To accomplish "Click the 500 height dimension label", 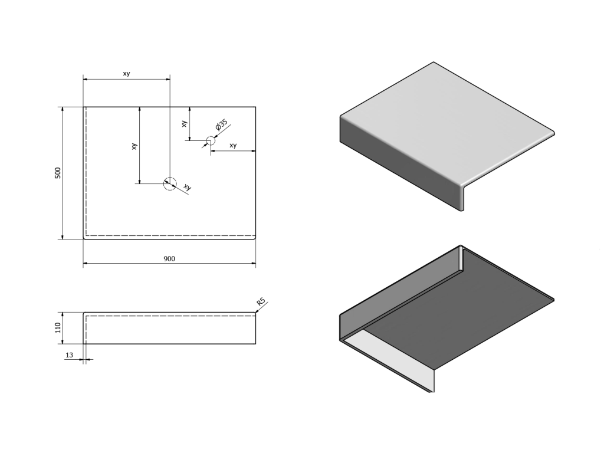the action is (x=58, y=173).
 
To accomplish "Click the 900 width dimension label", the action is (x=169, y=259).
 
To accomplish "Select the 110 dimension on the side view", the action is (x=58, y=328).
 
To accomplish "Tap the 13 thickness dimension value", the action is (x=70, y=355).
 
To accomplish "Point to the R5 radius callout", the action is (x=261, y=301).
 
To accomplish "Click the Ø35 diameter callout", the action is (x=222, y=125).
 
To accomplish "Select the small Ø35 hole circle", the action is (x=211, y=140).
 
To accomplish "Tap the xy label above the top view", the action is (x=126, y=74).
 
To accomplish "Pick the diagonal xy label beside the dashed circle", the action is (x=188, y=187).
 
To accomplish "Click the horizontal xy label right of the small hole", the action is (x=233, y=146).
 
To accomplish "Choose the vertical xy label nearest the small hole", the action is (x=185, y=124).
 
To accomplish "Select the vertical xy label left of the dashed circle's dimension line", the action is (x=134, y=146).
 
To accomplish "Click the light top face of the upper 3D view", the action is (x=447, y=123).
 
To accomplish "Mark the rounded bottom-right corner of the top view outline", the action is (x=255, y=238).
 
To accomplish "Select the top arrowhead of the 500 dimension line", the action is (x=63, y=110).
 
